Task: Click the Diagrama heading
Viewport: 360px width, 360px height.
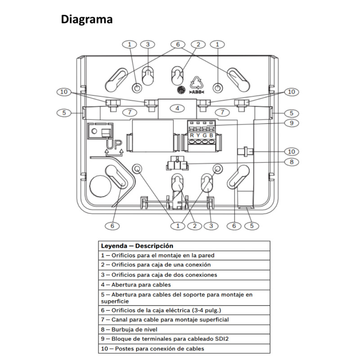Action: pos(86,20)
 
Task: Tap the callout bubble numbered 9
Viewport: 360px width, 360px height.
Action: pos(291,123)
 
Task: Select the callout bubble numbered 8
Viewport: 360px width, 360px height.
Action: pos(291,162)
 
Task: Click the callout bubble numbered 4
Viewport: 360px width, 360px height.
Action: pos(177,108)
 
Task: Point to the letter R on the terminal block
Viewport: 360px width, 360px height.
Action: pos(192,135)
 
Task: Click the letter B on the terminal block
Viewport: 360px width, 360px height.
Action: pos(211,135)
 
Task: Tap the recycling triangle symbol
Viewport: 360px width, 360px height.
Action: pos(197,83)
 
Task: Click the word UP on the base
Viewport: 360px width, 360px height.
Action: pos(114,144)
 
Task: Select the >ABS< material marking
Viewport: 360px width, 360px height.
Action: pos(197,92)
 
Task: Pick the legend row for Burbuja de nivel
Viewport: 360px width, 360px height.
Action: pos(184,329)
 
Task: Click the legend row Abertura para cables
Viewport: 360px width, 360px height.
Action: pos(184,285)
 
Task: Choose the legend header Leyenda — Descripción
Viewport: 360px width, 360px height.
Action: pos(184,246)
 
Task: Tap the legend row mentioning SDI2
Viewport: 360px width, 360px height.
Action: pos(184,339)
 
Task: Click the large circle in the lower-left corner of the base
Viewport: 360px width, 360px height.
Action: pos(100,186)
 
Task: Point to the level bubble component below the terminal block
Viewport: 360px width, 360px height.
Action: pos(177,163)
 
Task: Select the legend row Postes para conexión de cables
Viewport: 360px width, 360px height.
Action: pos(184,348)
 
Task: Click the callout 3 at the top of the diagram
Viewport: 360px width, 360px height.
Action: pos(148,44)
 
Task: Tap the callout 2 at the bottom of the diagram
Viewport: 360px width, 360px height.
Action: pos(195,226)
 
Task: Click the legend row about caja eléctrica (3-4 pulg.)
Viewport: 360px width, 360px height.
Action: pos(184,310)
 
